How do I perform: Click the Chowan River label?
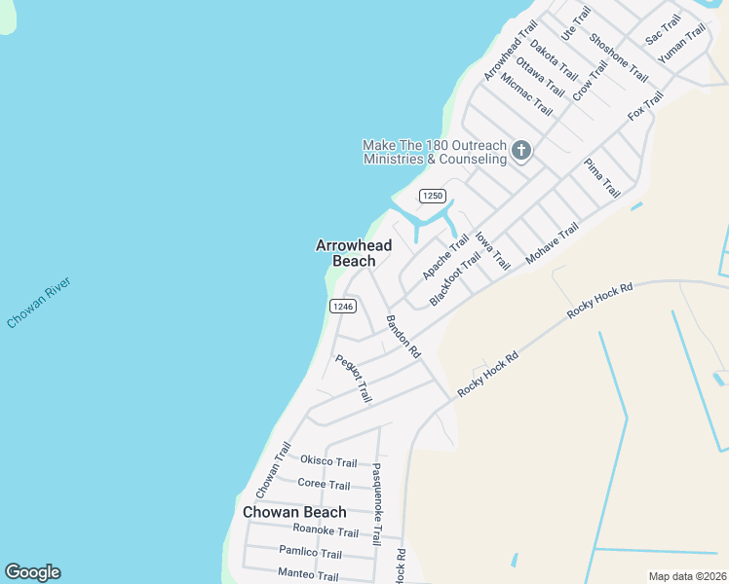point(39,303)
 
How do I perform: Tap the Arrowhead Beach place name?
point(354,253)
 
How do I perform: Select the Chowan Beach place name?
point(294,512)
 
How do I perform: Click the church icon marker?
point(521,150)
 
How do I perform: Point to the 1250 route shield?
point(433,196)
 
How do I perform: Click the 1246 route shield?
point(341,306)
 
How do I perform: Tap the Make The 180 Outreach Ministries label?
point(435,152)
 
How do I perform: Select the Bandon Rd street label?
point(403,337)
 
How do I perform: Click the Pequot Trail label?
point(354,379)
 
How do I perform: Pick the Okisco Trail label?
point(328,460)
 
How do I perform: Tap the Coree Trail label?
point(324,485)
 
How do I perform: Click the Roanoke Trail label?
point(326,531)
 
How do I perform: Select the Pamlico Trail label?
point(310,553)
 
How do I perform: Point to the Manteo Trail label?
point(308,576)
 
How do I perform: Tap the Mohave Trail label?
point(553,242)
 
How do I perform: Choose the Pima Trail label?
point(601,177)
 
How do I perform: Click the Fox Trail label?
point(645,105)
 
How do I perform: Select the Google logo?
point(32,572)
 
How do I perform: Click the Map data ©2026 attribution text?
point(687,576)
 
